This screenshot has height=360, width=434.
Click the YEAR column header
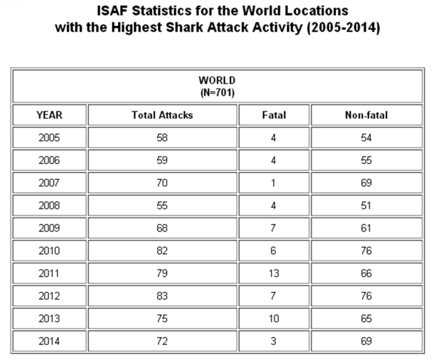tap(49, 115)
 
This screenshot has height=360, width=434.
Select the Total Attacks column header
tap(162, 115)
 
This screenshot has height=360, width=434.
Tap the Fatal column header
tap(273, 115)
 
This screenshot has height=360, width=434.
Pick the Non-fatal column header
tap(366, 115)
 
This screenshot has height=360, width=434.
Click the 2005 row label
tap(49, 138)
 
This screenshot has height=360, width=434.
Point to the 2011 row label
tap(49, 274)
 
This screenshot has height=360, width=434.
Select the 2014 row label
tap(49, 341)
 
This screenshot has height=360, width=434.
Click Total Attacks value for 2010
tap(162, 251)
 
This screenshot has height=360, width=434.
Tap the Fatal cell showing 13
tap(273, 274)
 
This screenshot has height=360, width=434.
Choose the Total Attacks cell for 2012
tap(162, 296)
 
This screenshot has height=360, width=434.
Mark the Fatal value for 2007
tap(273, 183)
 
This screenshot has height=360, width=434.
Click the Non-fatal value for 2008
tap(366, 206)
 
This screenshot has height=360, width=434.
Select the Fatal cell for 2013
tap(273, 319)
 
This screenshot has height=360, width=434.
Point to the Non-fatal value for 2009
tap(366, 228)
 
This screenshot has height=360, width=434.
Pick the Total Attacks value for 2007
tap(162, 183)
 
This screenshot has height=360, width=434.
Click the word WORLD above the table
tap(217, 81)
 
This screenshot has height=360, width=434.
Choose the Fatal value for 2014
tap(273, 341)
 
